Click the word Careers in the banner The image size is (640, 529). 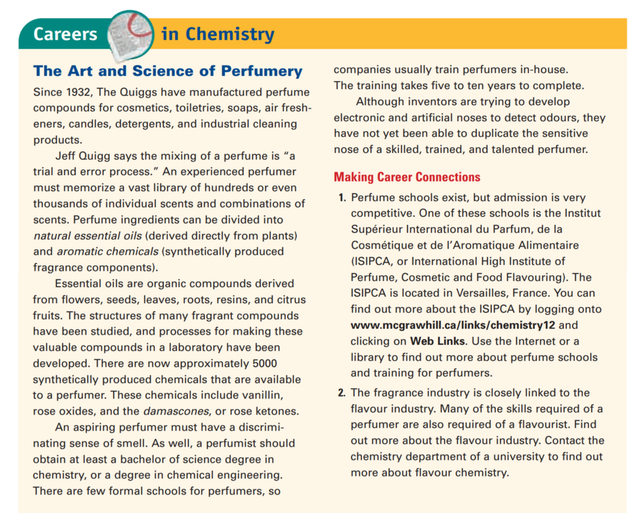65,34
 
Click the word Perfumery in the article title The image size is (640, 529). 261,71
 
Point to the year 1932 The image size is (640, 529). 77,92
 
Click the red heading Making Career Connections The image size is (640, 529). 407,177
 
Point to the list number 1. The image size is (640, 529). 342,198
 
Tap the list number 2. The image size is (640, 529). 342,393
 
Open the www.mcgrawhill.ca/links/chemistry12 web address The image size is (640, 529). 452,325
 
